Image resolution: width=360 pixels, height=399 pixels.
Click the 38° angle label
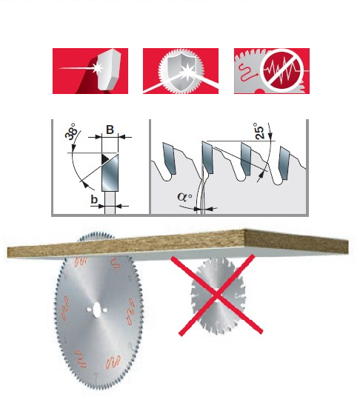71,131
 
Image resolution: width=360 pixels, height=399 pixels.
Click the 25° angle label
259,131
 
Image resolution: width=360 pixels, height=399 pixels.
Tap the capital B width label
110,130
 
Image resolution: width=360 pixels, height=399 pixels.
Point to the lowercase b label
94,200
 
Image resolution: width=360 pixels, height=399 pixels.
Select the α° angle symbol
184,197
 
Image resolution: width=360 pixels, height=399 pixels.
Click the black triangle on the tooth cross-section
105,159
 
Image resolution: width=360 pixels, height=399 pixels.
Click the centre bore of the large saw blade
97,309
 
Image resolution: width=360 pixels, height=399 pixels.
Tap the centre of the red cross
216,295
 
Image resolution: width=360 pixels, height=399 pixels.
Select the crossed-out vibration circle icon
281,70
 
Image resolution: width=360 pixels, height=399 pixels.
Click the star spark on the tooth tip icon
97,68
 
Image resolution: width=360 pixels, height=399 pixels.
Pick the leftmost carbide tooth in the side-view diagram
170,158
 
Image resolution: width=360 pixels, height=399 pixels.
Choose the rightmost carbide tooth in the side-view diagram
284,163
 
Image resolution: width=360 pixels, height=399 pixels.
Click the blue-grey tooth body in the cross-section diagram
110,172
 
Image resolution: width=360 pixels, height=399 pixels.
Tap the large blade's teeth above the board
96,235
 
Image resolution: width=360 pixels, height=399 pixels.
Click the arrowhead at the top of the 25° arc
270,135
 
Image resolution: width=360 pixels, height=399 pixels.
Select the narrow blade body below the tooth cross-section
110,202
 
